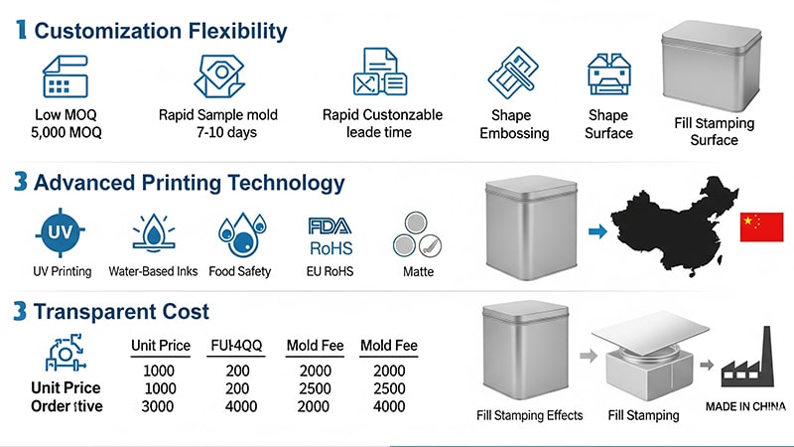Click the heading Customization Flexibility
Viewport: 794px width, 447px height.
(x=161, y=31)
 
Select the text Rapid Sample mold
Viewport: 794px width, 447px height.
(x=217, y=115)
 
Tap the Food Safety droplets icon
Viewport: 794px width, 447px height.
(x=239, y=234)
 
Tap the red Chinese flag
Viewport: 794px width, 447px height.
(x=761, y=227)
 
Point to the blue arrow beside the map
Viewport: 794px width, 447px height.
(x=596, y=231)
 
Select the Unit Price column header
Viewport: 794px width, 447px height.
(x=160, y=347)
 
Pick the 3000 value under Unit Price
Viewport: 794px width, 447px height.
(x=160, y=406)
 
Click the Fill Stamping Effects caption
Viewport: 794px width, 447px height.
(x=530, y=415)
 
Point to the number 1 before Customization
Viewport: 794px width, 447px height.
(x=21, y=31)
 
